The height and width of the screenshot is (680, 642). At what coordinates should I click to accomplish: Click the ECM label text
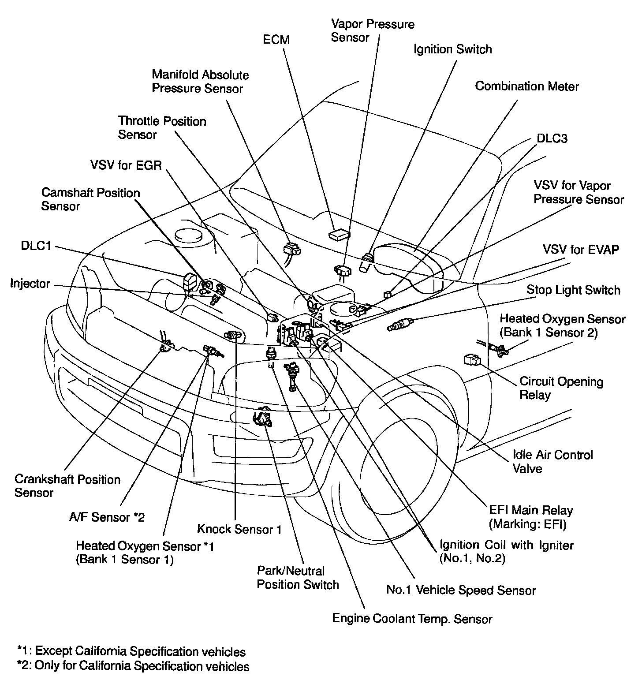276,40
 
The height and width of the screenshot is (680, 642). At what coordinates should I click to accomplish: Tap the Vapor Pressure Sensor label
373,30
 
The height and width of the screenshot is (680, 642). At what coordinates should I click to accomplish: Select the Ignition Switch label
452,49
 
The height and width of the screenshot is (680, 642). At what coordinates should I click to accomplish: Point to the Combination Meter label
526,86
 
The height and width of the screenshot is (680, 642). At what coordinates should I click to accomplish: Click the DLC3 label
552,138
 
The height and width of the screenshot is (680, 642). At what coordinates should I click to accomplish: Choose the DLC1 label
36,246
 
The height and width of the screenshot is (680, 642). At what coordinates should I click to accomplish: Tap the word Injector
30,284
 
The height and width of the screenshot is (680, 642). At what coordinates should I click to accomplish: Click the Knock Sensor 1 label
239,529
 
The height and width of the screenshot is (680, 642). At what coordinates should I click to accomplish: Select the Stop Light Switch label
573,290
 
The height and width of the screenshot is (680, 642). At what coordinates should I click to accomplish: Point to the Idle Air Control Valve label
552,461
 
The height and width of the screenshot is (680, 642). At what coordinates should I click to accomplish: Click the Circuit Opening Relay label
561,388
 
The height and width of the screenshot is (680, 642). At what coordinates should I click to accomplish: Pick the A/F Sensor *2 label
107,517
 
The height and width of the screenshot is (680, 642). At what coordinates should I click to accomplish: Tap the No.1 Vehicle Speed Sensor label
461,590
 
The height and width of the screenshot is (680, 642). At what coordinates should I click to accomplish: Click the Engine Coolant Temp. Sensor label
412,619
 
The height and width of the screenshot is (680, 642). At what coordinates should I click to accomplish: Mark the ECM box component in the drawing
339,234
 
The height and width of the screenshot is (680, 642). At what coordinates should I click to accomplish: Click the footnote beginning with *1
131,651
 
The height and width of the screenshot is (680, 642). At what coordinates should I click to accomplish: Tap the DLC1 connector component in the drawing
190,283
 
